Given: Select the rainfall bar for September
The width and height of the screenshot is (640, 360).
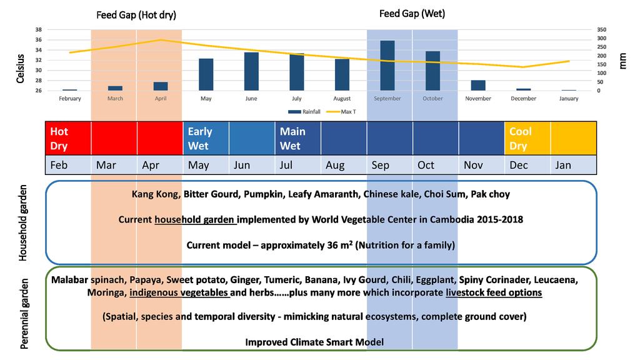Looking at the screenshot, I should [x=387, y=66].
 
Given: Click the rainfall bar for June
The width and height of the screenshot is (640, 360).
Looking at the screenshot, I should [x=251, y=71].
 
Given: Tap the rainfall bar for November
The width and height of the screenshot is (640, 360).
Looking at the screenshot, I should [x=478, y=86].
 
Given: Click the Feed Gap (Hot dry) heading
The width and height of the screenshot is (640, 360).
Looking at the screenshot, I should [x=136, y=14].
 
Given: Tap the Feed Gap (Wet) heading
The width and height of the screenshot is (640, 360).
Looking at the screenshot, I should [x=412, y=13].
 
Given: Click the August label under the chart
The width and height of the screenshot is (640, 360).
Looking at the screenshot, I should [x=342, y=99].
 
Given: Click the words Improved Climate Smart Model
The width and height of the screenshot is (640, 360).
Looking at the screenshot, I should [x=314, y=342].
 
